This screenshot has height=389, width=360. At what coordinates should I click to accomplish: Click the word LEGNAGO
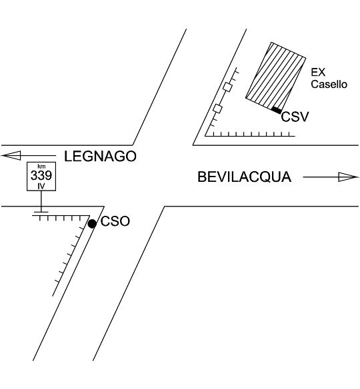click(100, 157)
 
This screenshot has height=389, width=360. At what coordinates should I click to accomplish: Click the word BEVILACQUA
click(244, 177)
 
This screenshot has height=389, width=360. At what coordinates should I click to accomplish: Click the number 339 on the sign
click(41, 175)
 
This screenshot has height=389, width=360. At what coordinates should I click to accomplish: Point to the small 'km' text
click(41, 167)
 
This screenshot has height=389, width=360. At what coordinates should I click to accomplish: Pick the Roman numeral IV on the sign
click(41, 186)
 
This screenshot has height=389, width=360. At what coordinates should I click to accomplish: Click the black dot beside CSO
click(92, 224)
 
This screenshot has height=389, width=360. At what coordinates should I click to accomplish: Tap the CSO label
click(115, 221)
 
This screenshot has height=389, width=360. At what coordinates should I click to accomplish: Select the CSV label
click(295, 117)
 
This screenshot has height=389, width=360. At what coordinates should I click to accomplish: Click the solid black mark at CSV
click(277, 110)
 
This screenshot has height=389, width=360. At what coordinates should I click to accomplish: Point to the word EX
click(318, 72)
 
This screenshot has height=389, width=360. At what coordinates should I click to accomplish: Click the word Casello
click(329, 84)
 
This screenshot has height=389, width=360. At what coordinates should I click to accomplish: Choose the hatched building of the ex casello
click(276, 76)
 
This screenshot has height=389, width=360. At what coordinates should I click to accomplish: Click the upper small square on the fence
click(228, 87)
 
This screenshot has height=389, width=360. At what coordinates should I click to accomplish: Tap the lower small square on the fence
click(218, 109)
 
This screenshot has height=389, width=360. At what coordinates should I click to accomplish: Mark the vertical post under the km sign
click(41, 201)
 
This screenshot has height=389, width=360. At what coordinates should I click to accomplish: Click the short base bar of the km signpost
click(41, 212)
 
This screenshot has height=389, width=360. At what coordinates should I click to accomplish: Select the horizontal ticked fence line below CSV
click(250, 135)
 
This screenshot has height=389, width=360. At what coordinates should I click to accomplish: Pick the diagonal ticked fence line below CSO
click(71, 256)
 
